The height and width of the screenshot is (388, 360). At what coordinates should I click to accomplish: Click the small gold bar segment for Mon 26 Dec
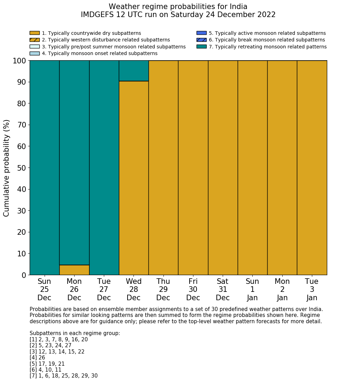74,270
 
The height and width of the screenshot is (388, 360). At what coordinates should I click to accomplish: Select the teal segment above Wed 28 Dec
134,71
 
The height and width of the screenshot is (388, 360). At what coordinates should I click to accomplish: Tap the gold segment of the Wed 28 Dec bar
134,178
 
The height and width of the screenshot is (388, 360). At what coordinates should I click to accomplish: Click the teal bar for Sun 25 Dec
45,167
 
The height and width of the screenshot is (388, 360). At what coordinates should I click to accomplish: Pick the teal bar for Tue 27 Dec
104,167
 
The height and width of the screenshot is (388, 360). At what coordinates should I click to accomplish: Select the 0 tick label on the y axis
24,275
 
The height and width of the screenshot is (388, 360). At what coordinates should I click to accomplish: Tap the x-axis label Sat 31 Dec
223,289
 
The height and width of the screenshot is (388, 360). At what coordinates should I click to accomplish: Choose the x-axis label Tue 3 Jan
312,289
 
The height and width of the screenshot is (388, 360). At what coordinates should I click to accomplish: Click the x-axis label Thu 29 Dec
163,289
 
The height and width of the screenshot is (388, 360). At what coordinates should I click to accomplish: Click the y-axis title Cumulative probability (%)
7,168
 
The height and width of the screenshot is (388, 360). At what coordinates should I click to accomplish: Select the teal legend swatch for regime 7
201,46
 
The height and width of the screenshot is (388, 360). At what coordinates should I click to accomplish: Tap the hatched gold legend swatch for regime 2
35,40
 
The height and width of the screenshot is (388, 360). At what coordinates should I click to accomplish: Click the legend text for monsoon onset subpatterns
99,53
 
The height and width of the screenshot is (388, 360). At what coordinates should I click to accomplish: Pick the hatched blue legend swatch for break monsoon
201,40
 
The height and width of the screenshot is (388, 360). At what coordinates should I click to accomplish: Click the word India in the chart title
239,7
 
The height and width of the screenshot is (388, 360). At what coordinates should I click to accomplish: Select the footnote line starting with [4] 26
37,358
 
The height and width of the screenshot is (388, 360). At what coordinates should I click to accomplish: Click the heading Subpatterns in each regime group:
75,333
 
